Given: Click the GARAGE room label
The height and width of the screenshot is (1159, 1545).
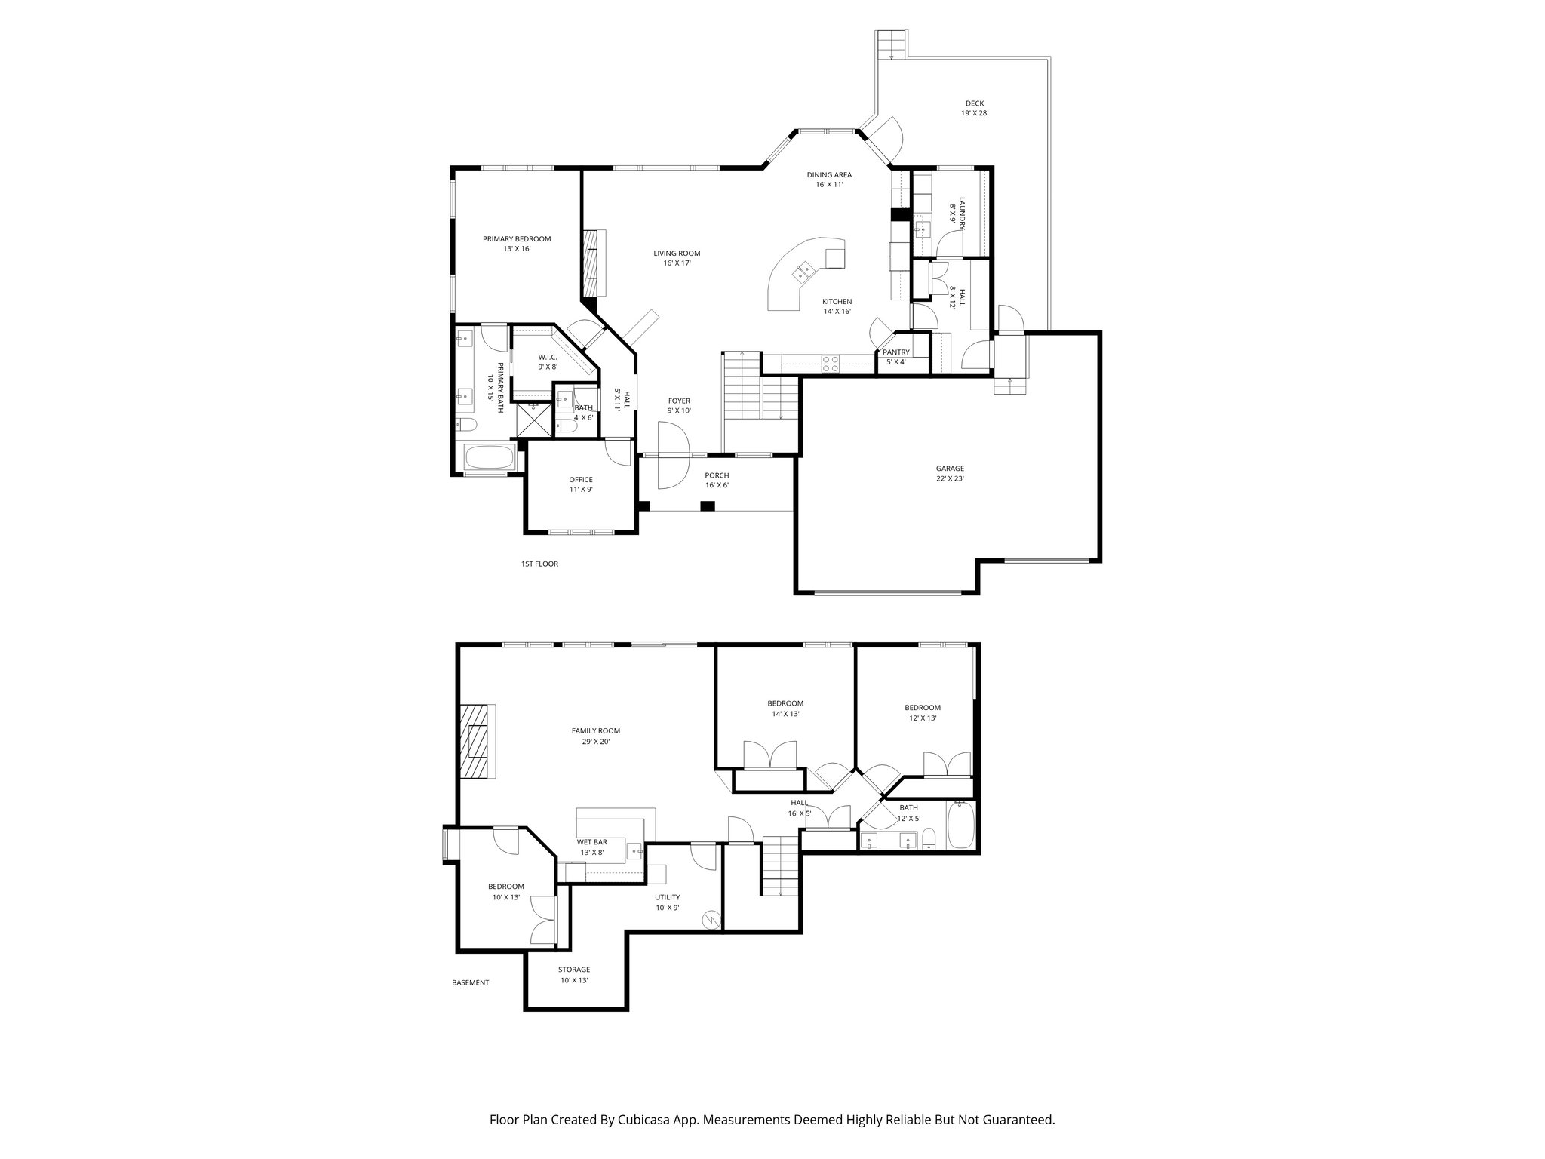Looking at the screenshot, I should coord(950,473).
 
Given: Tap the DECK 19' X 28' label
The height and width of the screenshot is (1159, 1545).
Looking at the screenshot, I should coord(974,108).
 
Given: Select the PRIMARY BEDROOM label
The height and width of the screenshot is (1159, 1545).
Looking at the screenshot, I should coord(517,243).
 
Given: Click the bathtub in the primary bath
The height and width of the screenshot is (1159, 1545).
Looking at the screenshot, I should coord(489,457).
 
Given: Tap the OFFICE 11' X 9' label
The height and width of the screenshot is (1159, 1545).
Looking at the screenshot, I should coord(580,484).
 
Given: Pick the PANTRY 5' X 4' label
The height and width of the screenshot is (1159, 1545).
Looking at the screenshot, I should coord(895,357).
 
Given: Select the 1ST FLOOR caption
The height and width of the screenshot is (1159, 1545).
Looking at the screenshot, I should coord(539,564).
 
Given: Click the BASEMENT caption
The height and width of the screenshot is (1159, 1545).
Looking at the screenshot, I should coord(470,982).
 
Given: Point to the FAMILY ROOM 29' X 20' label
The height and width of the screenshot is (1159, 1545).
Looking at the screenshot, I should coord(595,736).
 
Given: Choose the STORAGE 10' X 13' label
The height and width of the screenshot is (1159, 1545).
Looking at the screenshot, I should coord(574,974).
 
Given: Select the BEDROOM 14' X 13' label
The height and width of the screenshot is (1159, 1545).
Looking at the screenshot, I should coord(785,708).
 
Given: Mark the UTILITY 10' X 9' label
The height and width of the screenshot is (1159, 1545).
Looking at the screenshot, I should coord(667,902).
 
